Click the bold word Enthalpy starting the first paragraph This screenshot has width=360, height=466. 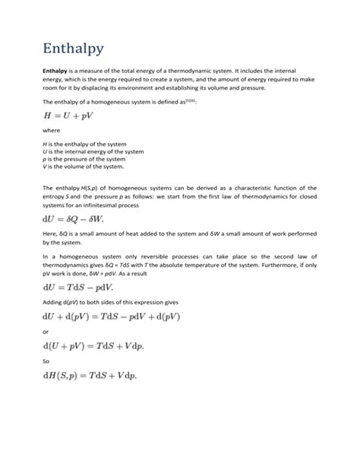point(56,69)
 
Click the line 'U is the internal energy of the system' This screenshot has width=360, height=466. point(93,151)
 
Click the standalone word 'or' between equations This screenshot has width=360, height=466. point(46,331)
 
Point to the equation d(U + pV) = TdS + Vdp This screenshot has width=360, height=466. point(99,347)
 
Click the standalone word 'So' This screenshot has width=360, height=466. point(46,362)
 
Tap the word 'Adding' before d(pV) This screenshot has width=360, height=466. point(53,302)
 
